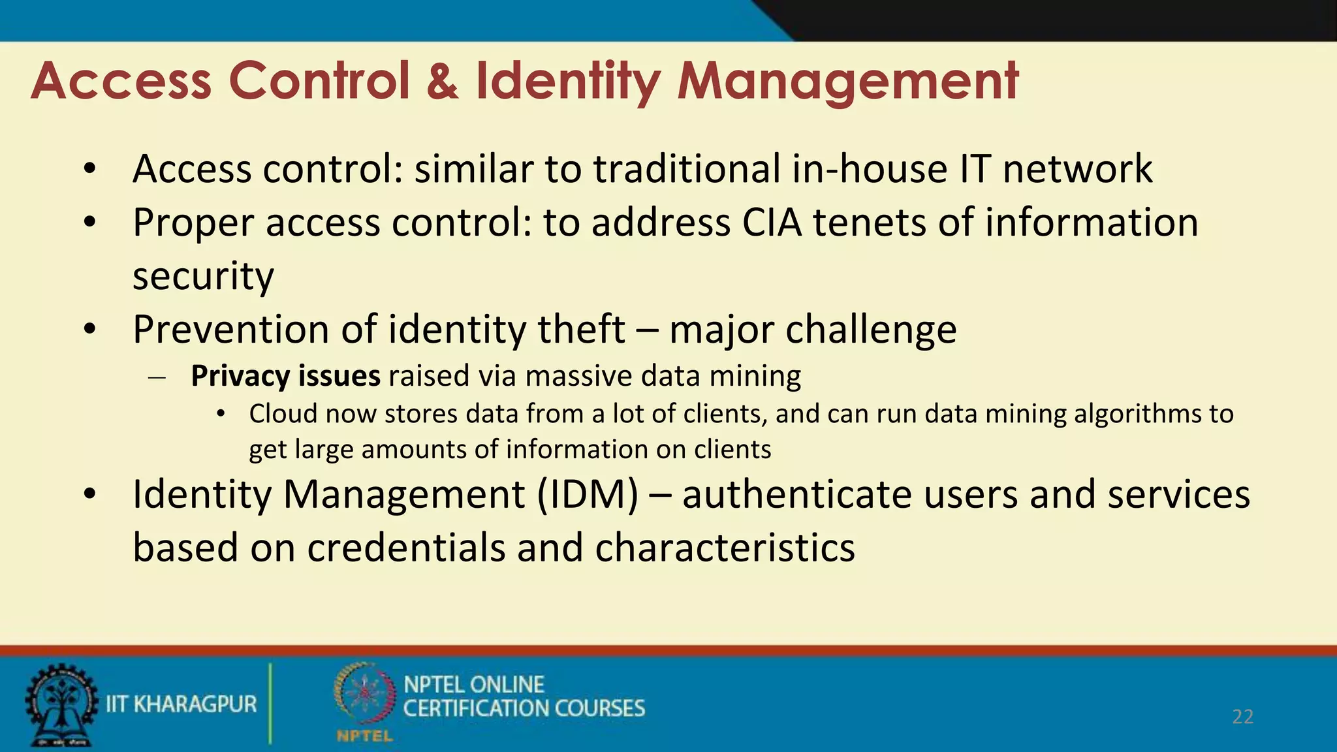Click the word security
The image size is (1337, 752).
[x=203, y=277]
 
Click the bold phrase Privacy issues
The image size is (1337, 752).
[x=285, y=377]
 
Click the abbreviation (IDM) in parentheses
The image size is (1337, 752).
[x=588, y=494]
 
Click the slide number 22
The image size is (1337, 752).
[x=1242, y=717]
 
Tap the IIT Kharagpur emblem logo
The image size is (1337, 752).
[x=60, y=705]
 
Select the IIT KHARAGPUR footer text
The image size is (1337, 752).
[x=181, y=704]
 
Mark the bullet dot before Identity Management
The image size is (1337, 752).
[x=90, y=495]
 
